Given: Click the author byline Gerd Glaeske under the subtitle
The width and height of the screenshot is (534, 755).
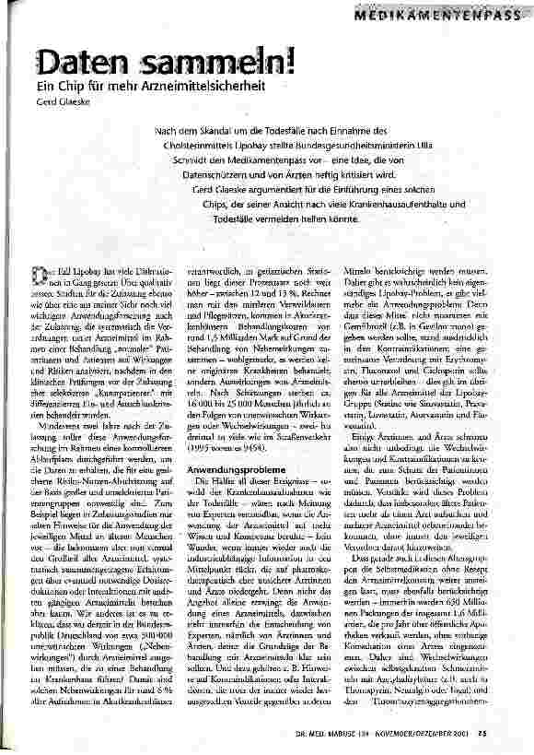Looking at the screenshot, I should (60, 101).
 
